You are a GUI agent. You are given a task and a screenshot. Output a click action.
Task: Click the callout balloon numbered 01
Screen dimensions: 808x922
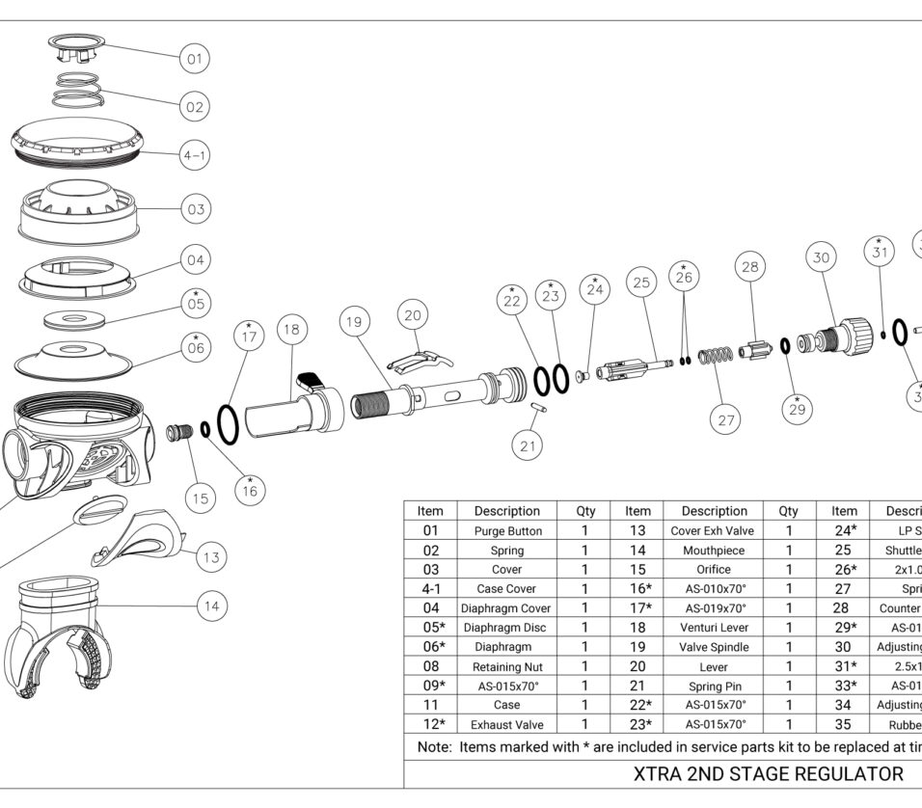194,59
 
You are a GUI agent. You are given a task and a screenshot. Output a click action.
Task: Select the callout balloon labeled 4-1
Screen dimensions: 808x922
195,154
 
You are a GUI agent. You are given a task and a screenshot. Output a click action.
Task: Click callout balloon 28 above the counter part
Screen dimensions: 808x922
751,267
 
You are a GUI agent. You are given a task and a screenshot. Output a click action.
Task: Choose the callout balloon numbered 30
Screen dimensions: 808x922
822,257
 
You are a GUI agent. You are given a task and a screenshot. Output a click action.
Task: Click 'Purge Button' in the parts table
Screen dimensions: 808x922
507,531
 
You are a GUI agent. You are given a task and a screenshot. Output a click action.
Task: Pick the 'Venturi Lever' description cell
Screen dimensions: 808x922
714,628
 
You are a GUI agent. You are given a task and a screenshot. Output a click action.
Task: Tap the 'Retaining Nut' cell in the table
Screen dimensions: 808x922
507,666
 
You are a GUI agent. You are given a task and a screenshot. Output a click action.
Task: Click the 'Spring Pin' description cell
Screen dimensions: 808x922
714,686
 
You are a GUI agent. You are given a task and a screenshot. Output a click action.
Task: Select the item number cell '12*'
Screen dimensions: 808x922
430,724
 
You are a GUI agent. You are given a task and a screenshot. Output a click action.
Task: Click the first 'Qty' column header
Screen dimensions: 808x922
585,511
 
